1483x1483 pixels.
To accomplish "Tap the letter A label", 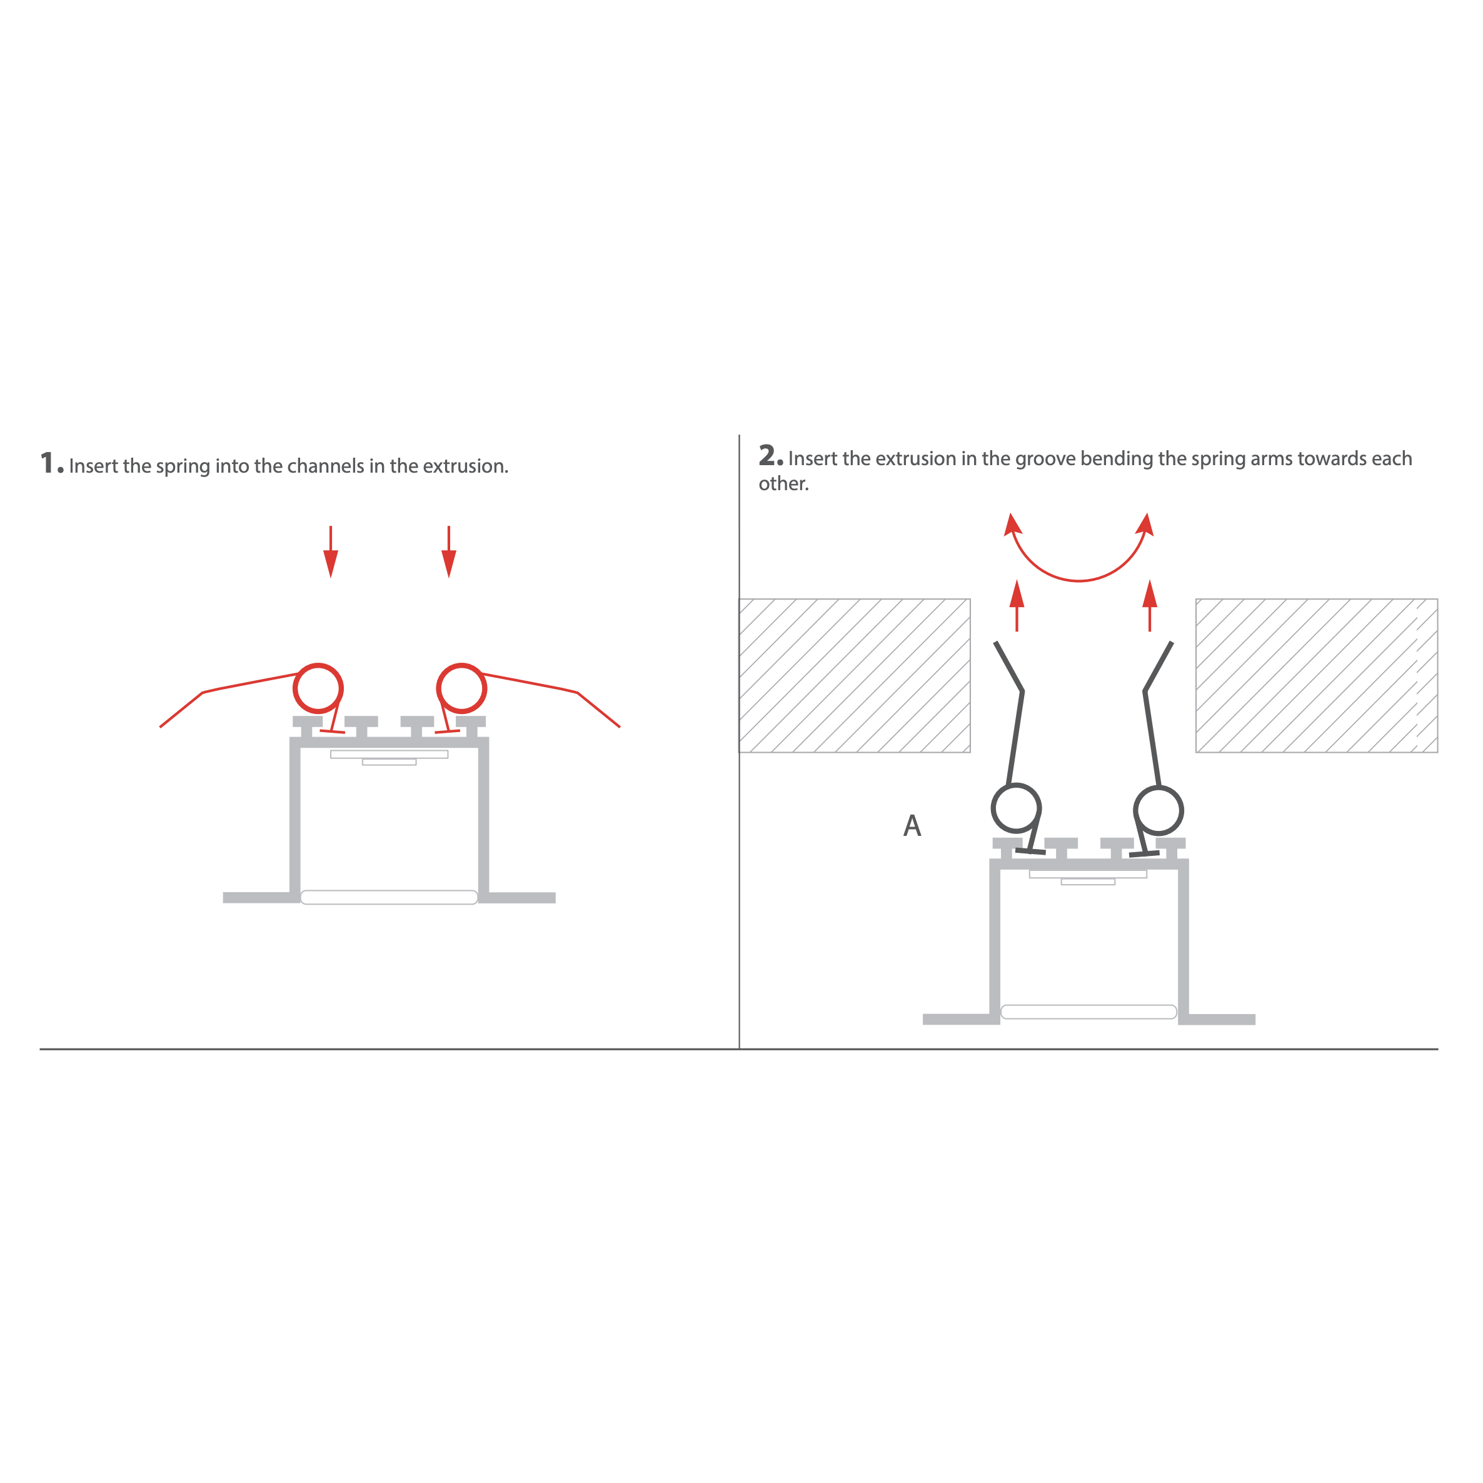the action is click(x=912, y=825).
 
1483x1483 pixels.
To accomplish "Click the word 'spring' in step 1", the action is click(x=183, y=466).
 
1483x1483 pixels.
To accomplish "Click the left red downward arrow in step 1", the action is click(x=331, y=552).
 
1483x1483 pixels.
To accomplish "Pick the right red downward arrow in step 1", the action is click(x=449, y=552).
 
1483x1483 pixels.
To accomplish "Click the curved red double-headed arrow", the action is click(x=1079, y=580).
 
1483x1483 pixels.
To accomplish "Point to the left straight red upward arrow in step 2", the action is click(x=1017, y=606).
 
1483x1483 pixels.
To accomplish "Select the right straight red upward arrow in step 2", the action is click(x=1150, y=606).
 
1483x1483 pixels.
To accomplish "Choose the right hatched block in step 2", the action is click(x=1317, y=675).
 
